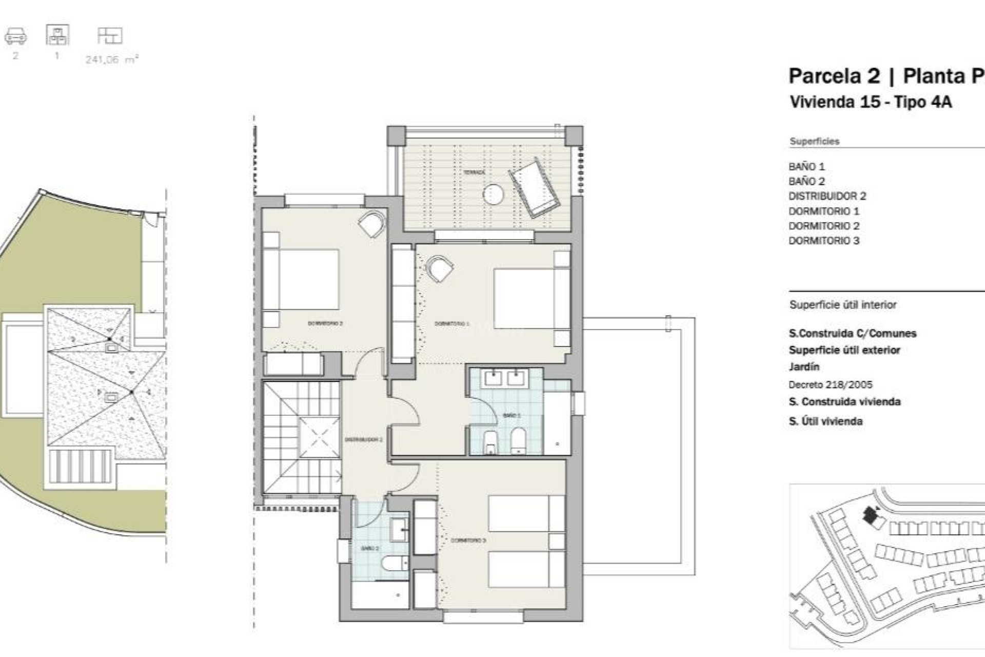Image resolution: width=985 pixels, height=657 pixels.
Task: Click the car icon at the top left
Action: tap(15, 36)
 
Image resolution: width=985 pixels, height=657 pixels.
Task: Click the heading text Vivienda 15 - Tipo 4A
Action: tap(871, 102)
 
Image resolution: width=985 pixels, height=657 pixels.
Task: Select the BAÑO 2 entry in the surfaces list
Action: tap(806, 181)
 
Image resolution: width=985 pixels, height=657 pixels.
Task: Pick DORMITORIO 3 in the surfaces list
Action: tap(823, 241)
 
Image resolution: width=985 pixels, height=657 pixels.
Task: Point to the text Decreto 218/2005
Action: tap(830, 384)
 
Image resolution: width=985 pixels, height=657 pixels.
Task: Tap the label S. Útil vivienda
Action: tap(825, 421)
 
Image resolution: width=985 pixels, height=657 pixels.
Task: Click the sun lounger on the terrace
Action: tap(534, 187)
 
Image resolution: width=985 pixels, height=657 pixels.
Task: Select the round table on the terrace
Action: tap(493, 194)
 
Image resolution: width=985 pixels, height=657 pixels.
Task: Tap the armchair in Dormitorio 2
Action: tap(371, 224)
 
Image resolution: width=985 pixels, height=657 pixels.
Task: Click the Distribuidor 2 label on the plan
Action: tap(363, 440)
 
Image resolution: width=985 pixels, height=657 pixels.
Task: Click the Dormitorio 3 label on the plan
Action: tap(468, 540)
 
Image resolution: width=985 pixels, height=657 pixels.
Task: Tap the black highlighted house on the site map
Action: tap(869, 515)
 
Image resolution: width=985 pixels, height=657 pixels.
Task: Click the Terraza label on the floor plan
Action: tap(474, 172)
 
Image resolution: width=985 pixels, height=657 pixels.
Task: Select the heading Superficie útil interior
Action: tap(842, 305)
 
